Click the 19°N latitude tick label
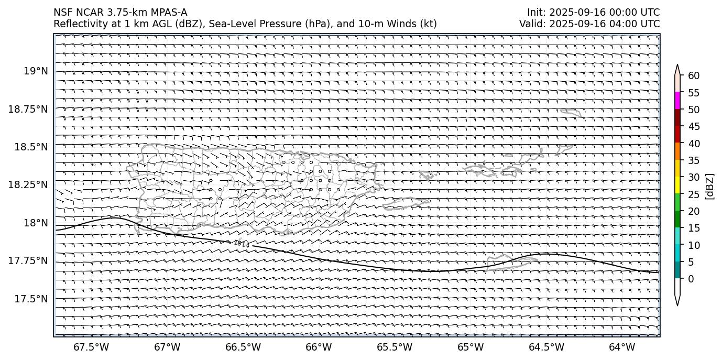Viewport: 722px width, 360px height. (36, 71)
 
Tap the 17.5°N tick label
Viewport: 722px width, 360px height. (31, 299)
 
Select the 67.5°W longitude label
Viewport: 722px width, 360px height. (91, 347)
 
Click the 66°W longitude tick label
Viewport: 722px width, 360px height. (319, 347)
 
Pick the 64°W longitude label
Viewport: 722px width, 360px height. (622, 347)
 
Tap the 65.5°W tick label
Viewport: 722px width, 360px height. (394, 347)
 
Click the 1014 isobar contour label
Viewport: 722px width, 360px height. (242, 244)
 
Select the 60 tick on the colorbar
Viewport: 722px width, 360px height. (694, 76)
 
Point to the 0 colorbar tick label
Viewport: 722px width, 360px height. (691, 279)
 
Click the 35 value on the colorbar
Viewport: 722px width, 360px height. (694, 160)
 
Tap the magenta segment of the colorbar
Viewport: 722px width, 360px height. (677, 101)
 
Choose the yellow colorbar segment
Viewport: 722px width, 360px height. (677, 185)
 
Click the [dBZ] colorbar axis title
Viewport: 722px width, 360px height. (710, 186)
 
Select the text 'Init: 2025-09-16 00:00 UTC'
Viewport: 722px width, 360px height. (593, 13)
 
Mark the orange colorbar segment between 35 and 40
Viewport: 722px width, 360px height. (677, 151)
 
